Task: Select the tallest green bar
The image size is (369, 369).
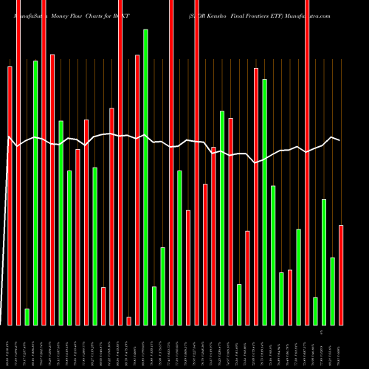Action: (145, 177)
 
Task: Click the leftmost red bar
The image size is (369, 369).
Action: (10, 196)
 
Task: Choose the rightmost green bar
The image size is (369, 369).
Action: (332, 291)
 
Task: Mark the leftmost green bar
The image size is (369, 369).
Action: (27, 317)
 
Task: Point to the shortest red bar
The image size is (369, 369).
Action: (128, 320)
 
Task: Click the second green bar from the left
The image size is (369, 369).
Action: (35, 193)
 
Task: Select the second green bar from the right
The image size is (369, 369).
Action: (324, 262)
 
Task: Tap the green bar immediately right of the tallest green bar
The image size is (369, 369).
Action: (154, 306)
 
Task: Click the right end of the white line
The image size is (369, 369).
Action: (340, 140)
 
